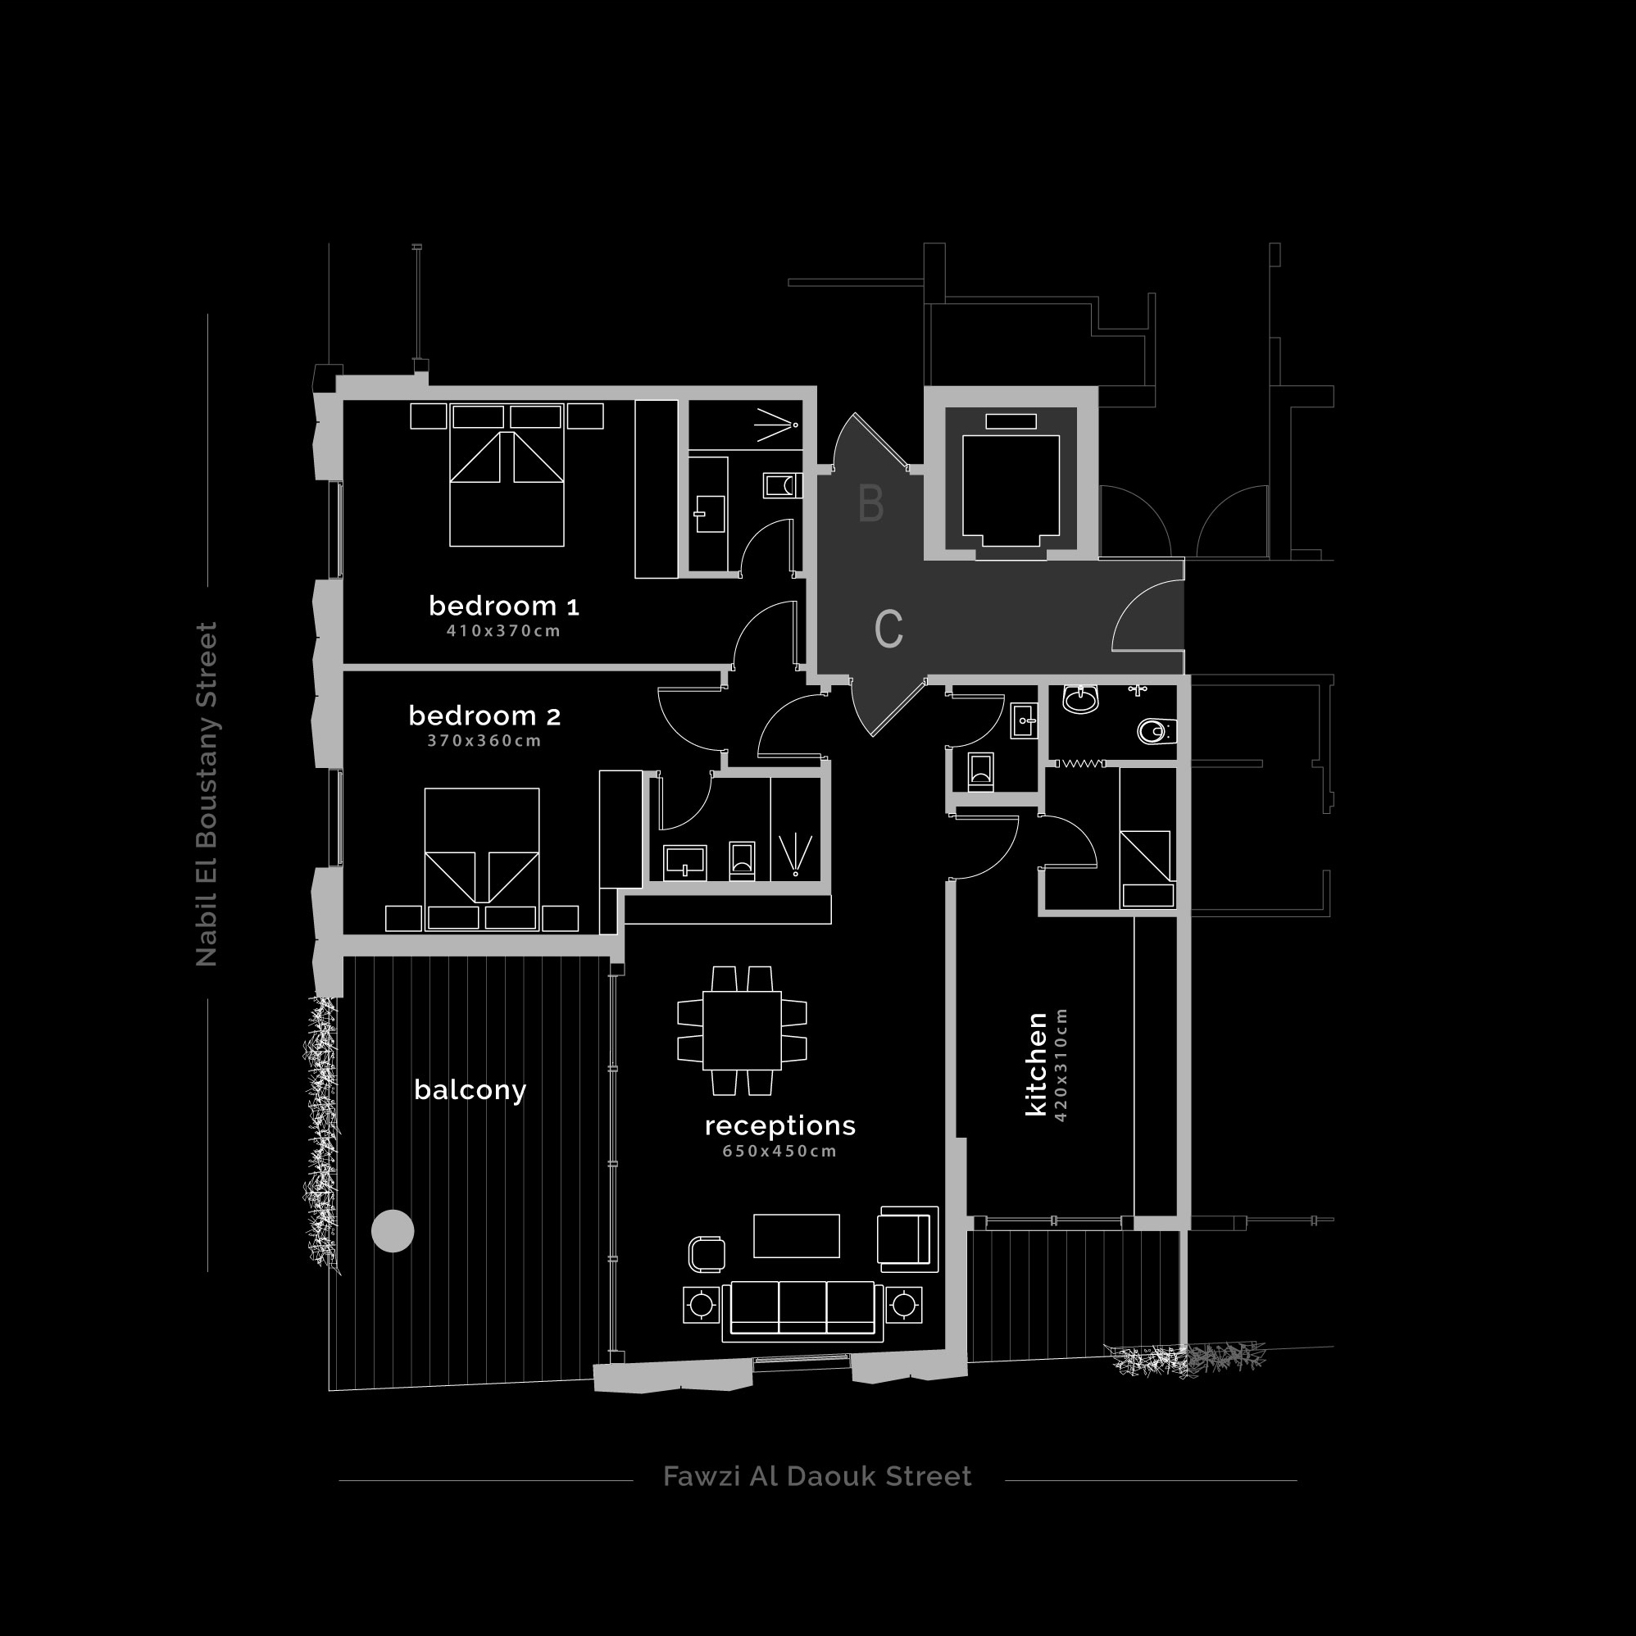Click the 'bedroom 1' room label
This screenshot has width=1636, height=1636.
[x=504, y=607]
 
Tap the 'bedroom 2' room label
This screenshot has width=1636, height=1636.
[x=484, y=716]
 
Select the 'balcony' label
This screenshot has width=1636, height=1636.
[x=470, y=1090]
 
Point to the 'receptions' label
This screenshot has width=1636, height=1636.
[x=780, y=1126]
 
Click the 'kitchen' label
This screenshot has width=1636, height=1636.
[x=1037, y=1065]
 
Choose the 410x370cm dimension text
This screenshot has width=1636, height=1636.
[x=504, y=631]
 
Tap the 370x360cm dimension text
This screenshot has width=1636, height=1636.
[x=484, y=741]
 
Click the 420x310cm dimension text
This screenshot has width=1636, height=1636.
[x=1061, y=1065]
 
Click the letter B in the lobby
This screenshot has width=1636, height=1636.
[x=871, y=503]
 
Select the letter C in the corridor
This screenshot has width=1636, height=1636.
[x=888, y=629]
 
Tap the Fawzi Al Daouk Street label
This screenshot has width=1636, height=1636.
[x=817, y=1477]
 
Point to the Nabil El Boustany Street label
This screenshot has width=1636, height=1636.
[x=207, y=794]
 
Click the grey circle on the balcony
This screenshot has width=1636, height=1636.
[x=393, y=1230]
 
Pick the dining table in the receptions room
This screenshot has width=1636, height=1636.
[x=742, y=1030]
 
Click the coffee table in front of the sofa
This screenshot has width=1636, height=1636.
[x=796, y=1236]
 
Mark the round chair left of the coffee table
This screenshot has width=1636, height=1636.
[x=707, y=1254]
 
